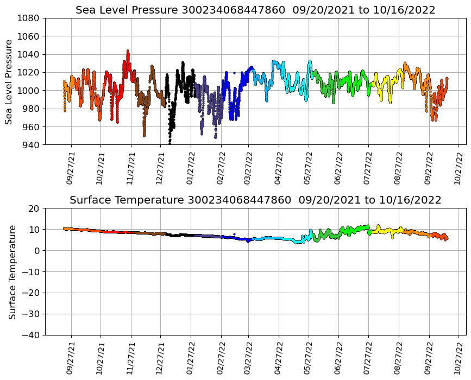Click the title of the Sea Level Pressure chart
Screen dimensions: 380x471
point(255,10)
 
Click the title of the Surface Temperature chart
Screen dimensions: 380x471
point(255,200)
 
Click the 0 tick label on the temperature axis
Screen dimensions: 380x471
point(38,250)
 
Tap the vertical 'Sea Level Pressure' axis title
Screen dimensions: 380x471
point(9,81)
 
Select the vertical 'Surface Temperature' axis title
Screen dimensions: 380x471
point(12,271)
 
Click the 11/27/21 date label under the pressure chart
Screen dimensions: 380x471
point(131,168)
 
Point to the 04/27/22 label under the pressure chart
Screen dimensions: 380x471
point(279,168)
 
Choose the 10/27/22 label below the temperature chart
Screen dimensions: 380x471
point(457,358)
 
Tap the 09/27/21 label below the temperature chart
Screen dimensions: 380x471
point(71,358)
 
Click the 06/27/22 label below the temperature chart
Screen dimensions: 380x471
point(338,358)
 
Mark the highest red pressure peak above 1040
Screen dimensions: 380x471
point(128,51)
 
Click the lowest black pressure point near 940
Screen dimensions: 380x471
point(169,143)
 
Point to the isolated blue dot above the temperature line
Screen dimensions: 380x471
point(234,234)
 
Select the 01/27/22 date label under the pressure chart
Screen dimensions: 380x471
point(190,168)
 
